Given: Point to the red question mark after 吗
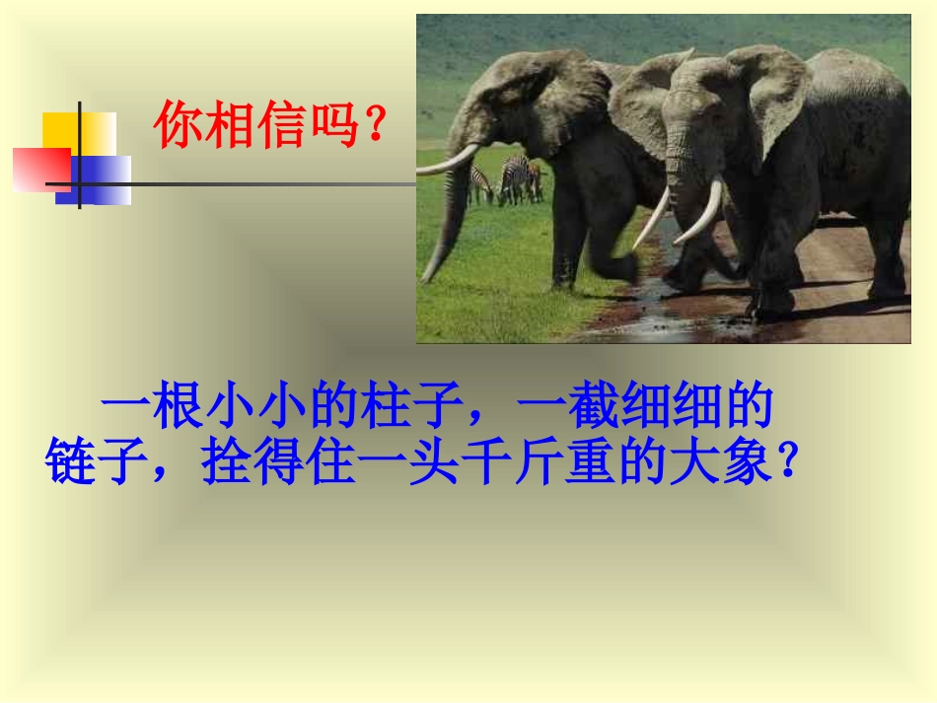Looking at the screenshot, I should (374, 125).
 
